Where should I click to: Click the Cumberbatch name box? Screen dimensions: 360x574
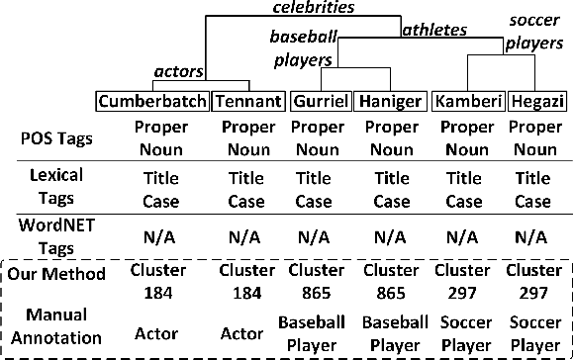[153, 102]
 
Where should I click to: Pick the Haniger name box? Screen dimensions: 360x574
[393, 102]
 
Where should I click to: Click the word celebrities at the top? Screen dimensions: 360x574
[318, 8]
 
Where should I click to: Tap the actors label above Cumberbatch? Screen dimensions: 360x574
[180, 70]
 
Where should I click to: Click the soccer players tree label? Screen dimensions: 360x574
[532, 33]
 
